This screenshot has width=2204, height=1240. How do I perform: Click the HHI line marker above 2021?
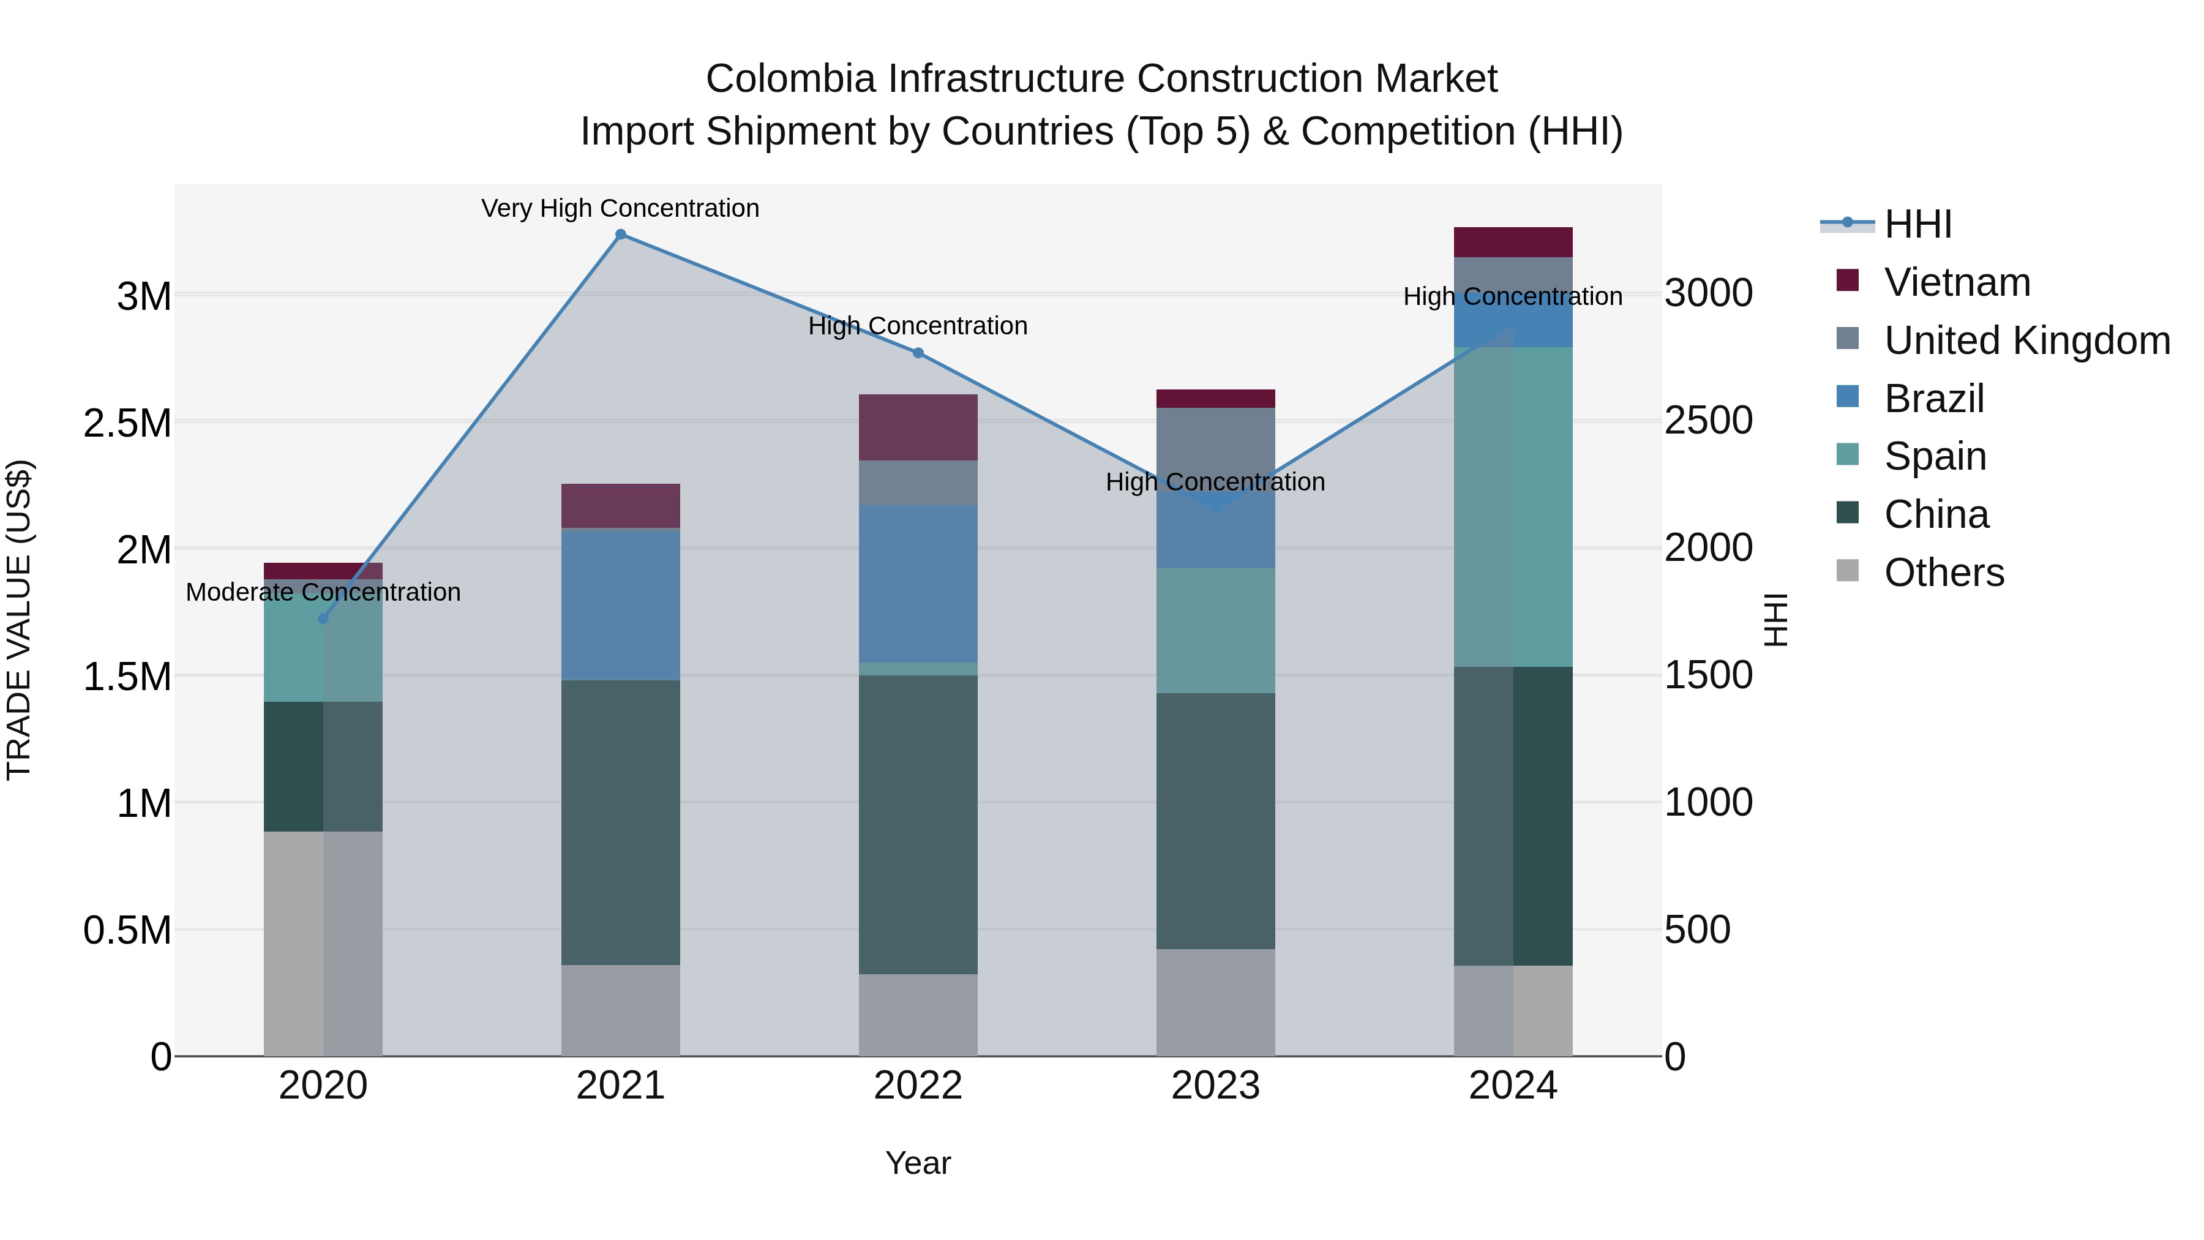620,235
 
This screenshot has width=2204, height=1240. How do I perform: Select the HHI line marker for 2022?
918,353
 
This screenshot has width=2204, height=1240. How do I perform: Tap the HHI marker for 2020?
323,618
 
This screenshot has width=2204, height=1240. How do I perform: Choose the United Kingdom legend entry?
2026,340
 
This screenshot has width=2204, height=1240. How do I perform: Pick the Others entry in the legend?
1943,573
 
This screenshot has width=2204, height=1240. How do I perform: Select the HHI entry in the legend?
1917,224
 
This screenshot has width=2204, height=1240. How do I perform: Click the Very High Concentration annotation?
620,208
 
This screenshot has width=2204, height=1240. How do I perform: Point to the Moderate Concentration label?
323,592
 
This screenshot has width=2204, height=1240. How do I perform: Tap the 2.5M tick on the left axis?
127,423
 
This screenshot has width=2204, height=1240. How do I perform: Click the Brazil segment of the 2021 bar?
620,606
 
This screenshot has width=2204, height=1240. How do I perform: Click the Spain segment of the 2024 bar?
1513,506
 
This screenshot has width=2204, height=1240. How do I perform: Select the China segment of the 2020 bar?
323,766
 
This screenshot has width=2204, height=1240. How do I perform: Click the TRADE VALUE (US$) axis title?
20,620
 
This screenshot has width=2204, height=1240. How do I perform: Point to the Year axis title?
918,1163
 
